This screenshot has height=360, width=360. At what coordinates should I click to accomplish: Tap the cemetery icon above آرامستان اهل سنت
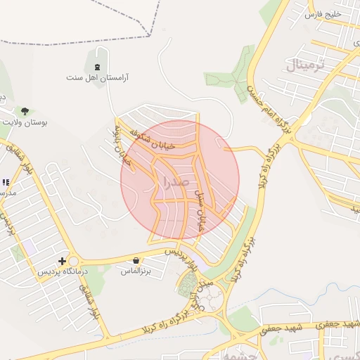(x=97, y=67)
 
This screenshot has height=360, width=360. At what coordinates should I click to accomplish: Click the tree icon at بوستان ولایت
(x=25, y=111)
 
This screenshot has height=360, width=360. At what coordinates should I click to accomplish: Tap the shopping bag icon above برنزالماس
(x=136, y=261)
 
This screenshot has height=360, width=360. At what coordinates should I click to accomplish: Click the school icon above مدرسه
(x=6, y=182)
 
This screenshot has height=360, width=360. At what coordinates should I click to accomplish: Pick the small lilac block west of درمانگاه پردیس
(x=30, y=247)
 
